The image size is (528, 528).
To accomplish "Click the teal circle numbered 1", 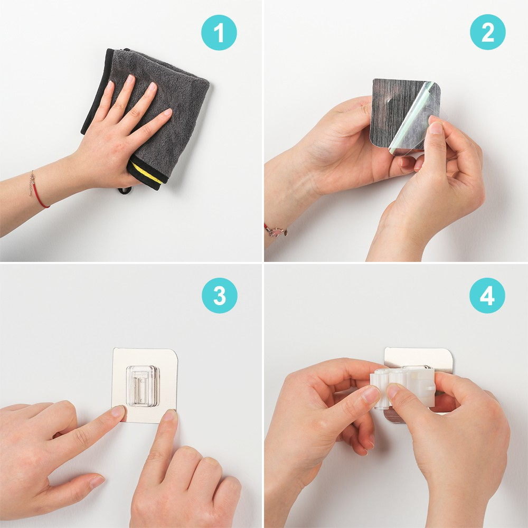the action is [219, 33].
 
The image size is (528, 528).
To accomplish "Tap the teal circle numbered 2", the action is [487, 32].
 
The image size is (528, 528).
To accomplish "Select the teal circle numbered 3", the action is [220, 296].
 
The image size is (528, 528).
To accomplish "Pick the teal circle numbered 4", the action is [487, 296].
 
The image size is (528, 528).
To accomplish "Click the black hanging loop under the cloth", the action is [125, 191].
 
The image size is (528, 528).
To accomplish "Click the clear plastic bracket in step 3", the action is [143, 385].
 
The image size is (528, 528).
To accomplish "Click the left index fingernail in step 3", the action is [118, 411].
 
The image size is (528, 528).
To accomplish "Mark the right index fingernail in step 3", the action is [169, 415].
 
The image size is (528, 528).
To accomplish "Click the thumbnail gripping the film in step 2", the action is [436, 128].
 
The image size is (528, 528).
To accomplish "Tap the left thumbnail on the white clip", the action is [371, 394].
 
